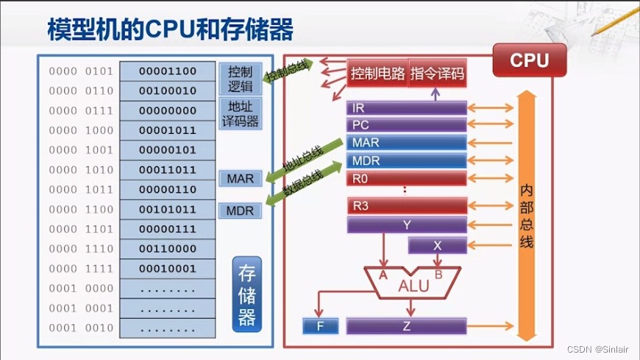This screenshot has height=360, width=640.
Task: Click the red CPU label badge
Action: [x=529, y=60]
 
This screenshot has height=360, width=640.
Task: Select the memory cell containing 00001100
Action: [x=167, y=71]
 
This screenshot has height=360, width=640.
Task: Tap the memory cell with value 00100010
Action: [x=167, y=91]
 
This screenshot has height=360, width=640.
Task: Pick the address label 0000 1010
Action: [x=81, y=170]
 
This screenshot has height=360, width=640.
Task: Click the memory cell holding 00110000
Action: [x=167, y=249]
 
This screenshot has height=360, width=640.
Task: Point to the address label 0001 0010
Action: [x=81, y=328]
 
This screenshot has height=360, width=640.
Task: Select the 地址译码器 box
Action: [x=240, y=113]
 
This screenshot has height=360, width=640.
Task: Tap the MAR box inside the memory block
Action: [x=240, y=179]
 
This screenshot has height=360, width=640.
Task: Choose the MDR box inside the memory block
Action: [x=240, y=211]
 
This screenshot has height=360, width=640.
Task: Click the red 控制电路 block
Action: [x=377, y=74]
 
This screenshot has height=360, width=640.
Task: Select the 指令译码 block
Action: [x=437, y=74]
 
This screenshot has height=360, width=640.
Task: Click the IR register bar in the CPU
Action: [x=406, y=108]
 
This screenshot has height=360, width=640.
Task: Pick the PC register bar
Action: [x=406, y=125]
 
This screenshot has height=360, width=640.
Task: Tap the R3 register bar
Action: [x=406, y=206]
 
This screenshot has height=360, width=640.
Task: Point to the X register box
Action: [x=437, y=246]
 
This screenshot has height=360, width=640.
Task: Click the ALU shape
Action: [x=413, y=283]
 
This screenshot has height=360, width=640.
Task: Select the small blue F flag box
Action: [x=320, y=326]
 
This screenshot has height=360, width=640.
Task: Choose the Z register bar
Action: [x=406, y=326]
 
